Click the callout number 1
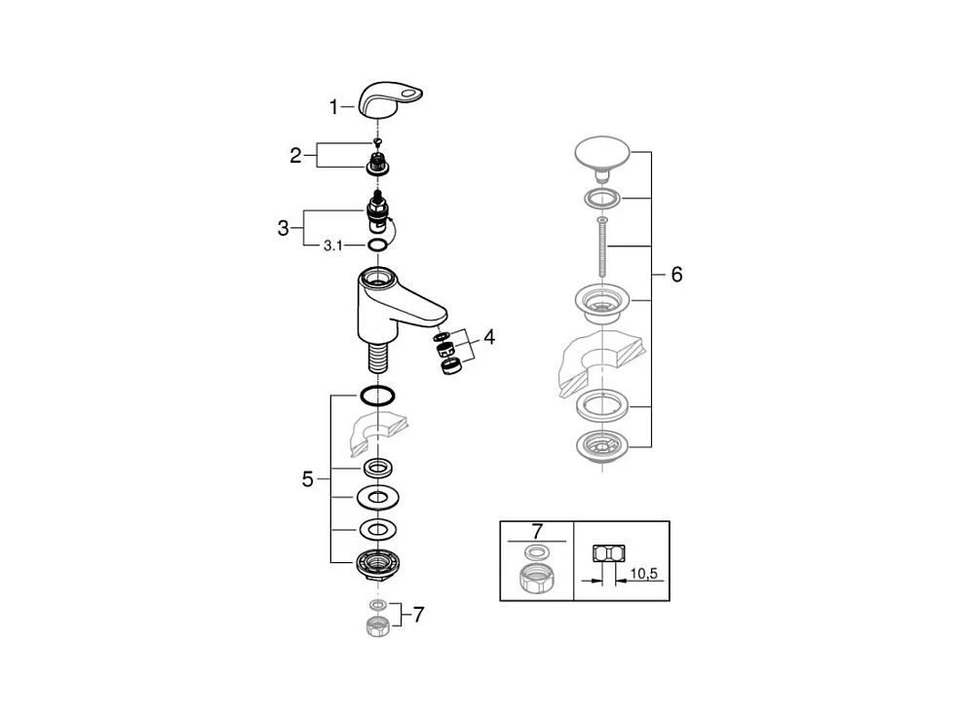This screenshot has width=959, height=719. pyautogui.click(x=333, y=107)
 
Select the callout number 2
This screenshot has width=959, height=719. pyautogui.click(x=295, y=155)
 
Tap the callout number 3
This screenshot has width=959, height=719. pyautogui.click(x=283, y=228)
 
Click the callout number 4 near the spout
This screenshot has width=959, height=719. pyautogui.click(x=489, y=337)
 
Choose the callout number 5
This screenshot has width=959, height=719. pyautogui.click(x=308, y=478)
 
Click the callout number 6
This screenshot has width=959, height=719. pyautogui.click(x=676, y=275)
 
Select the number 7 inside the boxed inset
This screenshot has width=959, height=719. pyautogui.click(x=536, y=531)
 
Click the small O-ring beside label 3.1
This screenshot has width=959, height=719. pyautogui.click(x=376, y=246)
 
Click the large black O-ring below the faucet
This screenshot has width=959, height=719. pyautogui.click(x=376, y=396)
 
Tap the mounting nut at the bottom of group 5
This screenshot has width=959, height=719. pyautogui.click(x=376, y=562)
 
